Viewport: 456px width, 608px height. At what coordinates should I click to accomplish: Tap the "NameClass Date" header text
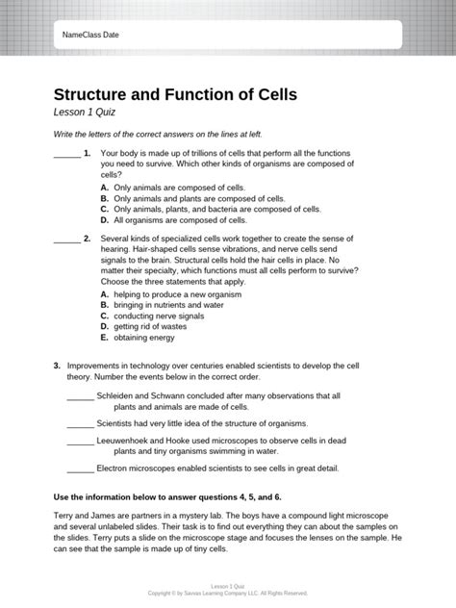pos(90,35)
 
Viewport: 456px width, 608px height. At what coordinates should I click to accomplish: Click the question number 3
pos(58,366)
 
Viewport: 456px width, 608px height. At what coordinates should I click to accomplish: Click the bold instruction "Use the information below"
pos(167,496)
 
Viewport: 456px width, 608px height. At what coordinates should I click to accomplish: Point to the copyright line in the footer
pos(228,594)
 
